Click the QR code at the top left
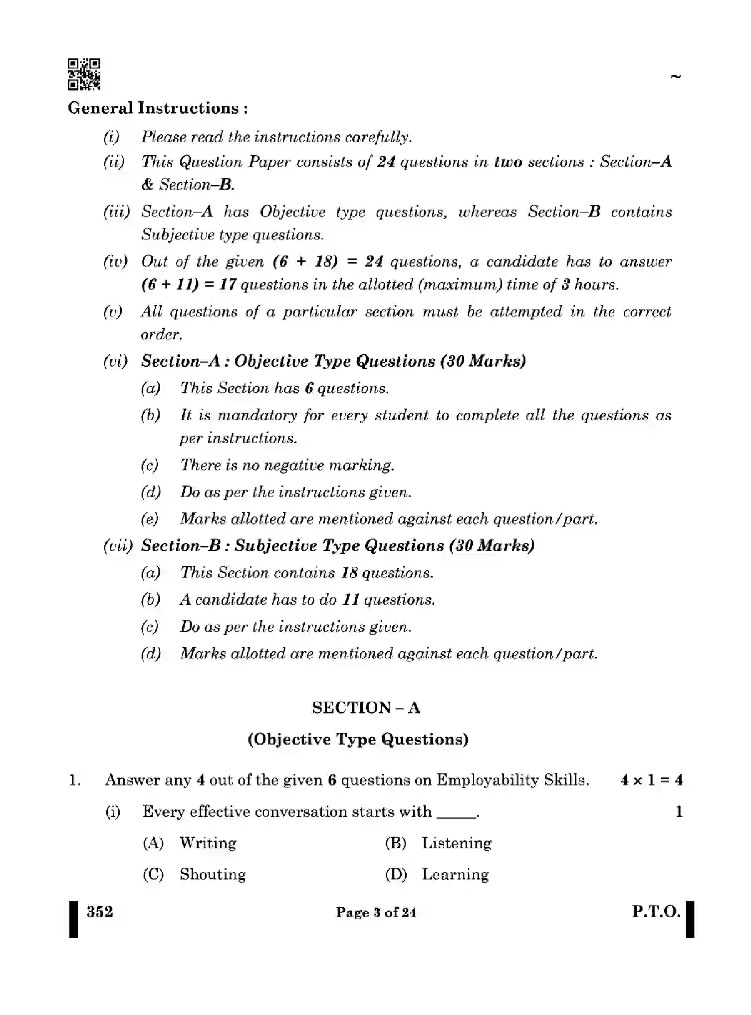tap(84, 74)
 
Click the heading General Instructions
tap(157, 108)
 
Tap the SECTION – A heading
tap(366, 708)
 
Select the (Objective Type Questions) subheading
tap(358, 739)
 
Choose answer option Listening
tap(456, 843)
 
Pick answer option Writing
tap(208, 843)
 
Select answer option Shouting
tap(213, 875)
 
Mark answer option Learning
tap(455, 875)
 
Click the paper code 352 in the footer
tap(100, 912)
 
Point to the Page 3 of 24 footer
tap(376, 913)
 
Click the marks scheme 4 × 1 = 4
tap(651, 780)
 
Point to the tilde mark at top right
tap(676, 77)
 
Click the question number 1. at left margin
tap(74, 780)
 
